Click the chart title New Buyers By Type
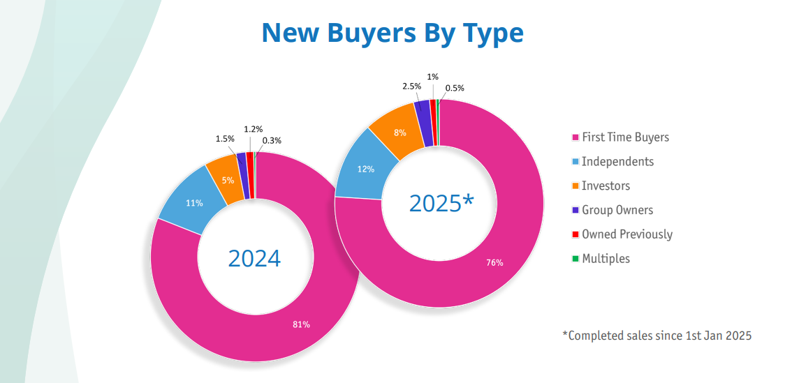392,32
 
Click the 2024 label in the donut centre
254,258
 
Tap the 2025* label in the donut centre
441,203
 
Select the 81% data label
302,324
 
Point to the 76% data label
494,262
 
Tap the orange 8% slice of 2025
400,132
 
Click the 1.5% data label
225,139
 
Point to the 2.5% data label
412,86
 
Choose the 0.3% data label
272,140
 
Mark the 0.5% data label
455,88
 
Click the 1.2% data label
253,129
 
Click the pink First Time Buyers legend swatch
575,137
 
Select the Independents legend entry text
617,161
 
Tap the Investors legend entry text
606,186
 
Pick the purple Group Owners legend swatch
575,210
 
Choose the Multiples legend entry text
606,258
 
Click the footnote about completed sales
657,336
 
